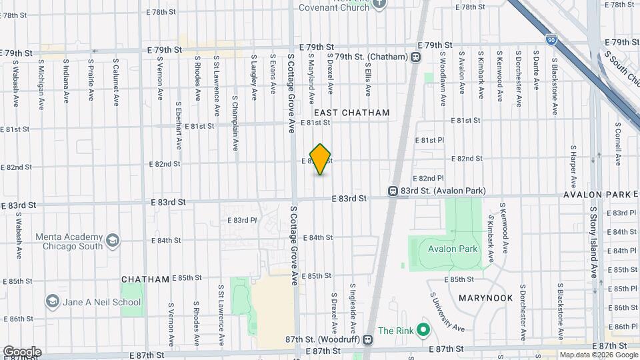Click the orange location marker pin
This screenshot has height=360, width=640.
(321, 159)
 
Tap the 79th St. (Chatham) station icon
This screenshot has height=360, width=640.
(416, 57)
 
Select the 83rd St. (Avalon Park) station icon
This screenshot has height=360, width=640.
(394, 191)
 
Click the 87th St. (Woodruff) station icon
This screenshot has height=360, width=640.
(367, 339)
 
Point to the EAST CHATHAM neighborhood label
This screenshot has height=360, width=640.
(351, 113)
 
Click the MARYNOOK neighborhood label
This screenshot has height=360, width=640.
(485, 297)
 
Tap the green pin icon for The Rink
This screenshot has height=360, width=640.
(422, 330)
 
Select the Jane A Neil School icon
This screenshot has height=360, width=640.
(53, 302)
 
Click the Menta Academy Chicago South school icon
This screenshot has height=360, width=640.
(113, 241)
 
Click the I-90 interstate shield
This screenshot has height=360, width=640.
(551, 41)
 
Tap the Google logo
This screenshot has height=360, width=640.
(22, 351)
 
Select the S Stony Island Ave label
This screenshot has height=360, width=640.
(593, 243)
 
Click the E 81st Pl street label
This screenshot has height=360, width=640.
(429, 141)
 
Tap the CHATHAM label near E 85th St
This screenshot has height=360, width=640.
(145, 279)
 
